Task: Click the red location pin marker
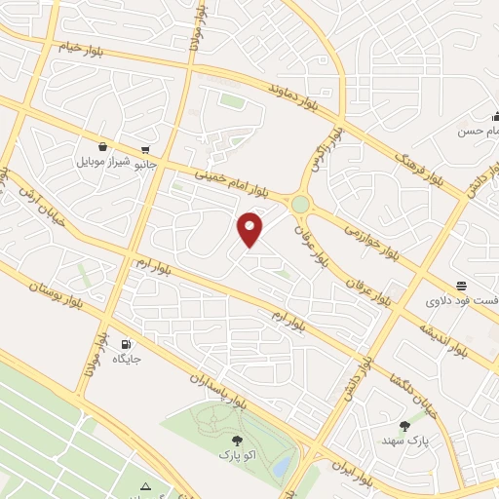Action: coord(250,229)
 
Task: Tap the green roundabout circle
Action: coord(300,205)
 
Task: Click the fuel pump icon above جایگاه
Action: coord(126,345)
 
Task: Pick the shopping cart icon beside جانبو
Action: coord(145,150)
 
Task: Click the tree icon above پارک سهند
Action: coord(404,425)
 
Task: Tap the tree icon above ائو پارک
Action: coord(238,441)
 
